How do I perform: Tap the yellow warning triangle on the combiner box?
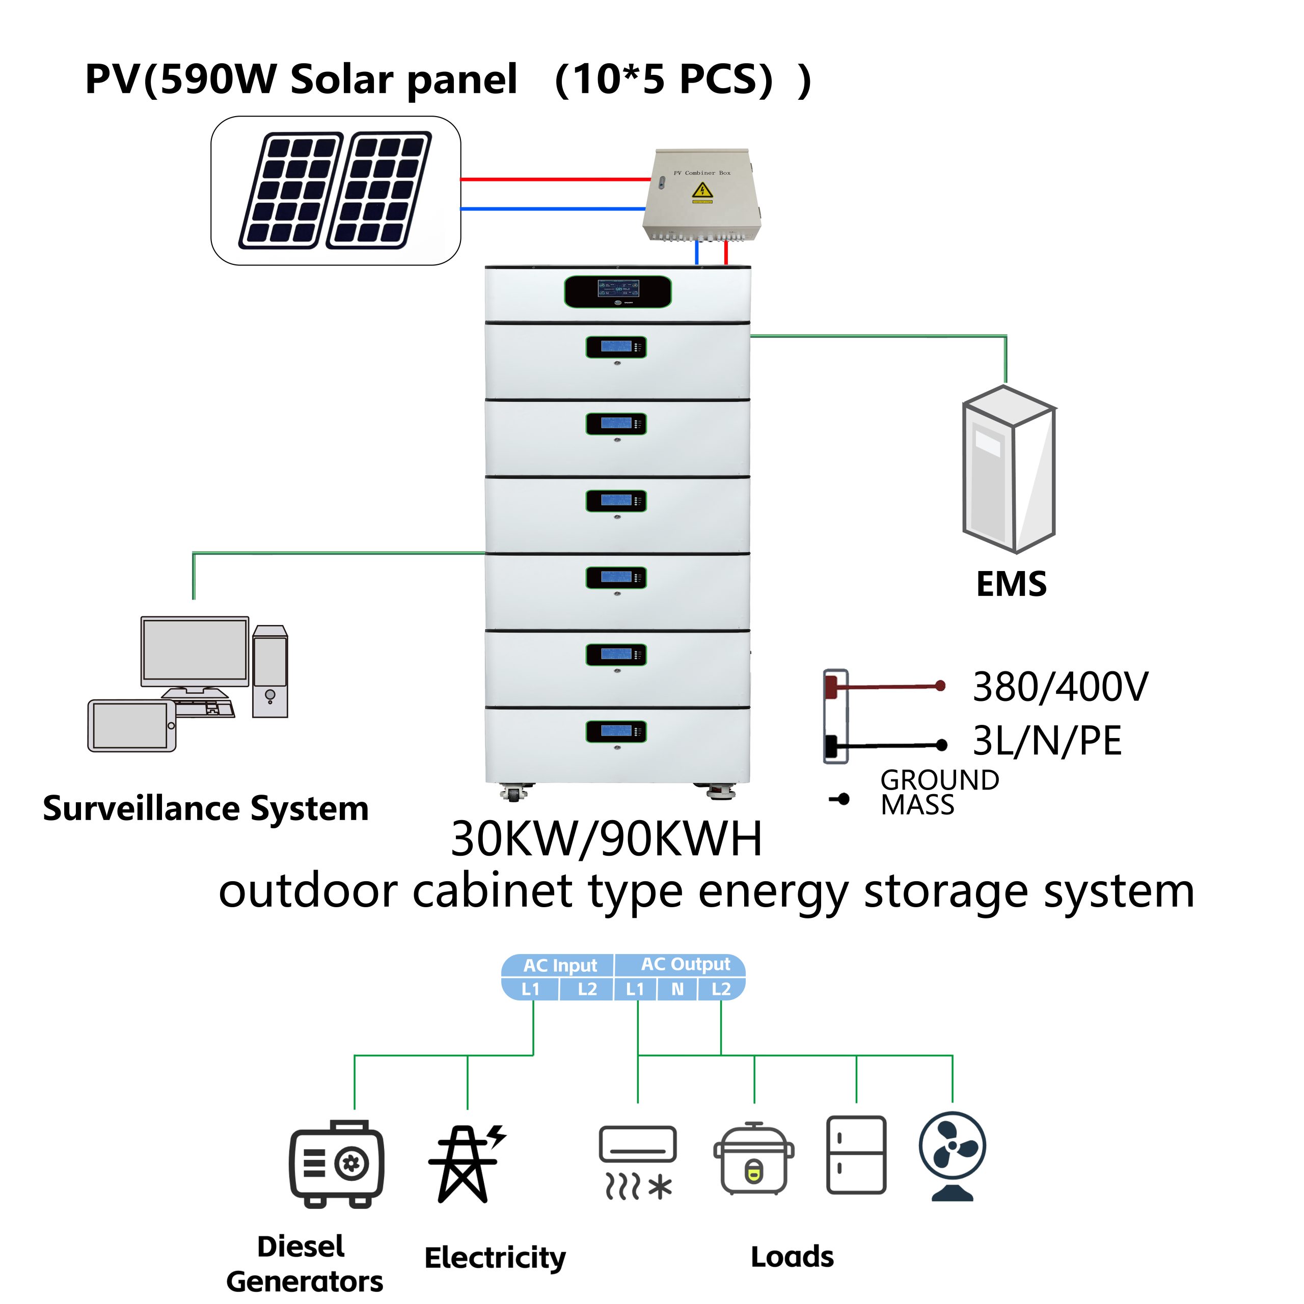(x=702, y=193)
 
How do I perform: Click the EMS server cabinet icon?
(x=1009, y=469)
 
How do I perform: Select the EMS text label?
(x=1011, y=584)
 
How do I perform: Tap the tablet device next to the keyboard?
(x=131, y=725)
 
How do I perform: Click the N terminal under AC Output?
(x=677, y=990)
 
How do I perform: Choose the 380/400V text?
(x=1059, y=687)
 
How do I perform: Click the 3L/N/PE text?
(x=1047, y=741)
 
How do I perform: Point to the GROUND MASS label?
(x=938, y=792)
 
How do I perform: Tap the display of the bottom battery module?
(x=616, y=731)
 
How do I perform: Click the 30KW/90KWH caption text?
(x=606, y=839)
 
